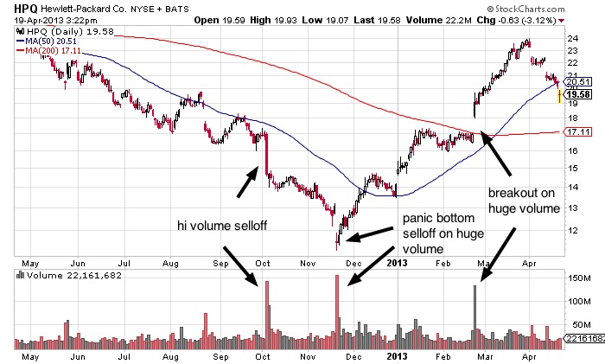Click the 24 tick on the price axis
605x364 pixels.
(x=571, y=39)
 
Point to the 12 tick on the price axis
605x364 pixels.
(x=571, y=231)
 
